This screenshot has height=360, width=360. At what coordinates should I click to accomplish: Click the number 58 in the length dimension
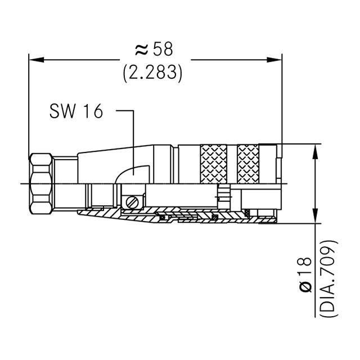pos(163,50)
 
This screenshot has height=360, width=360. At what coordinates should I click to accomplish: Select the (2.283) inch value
pos(153,73)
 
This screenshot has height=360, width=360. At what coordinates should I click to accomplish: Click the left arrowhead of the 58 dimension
pos(34,58)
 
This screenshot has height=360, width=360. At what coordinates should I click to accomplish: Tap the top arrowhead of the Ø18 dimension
pos(313,149)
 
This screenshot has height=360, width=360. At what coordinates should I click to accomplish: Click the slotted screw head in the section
pos(133,201)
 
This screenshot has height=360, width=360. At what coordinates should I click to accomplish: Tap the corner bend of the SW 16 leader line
pos(133,111)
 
